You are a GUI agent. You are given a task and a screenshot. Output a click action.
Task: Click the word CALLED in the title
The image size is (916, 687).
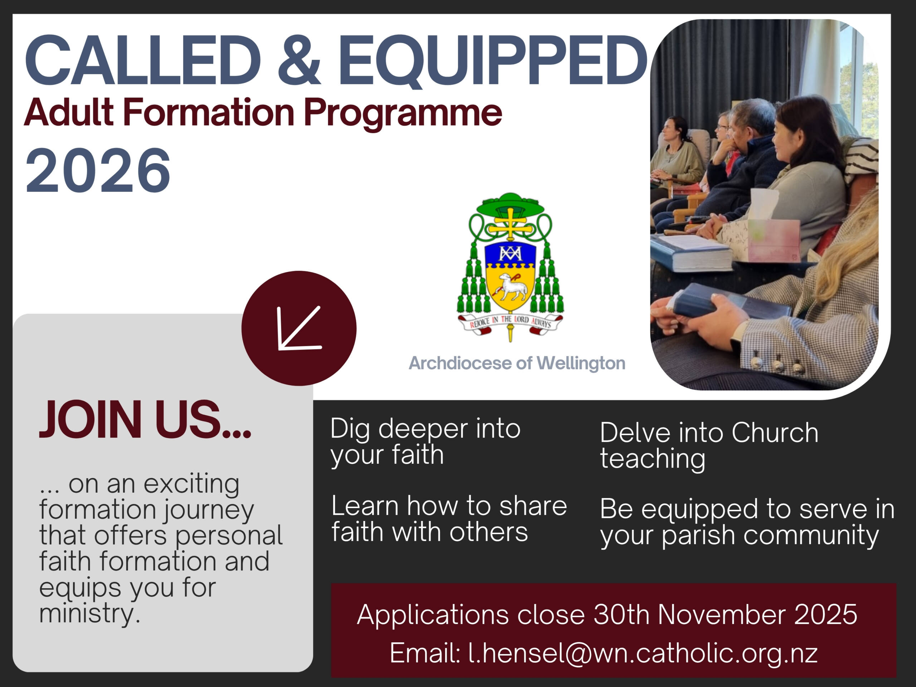(x=143, y=60)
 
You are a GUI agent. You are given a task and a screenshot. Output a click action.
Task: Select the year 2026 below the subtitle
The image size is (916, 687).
(x=98, y=171)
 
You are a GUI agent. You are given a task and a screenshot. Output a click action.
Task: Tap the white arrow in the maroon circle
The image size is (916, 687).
(x=299, y=328)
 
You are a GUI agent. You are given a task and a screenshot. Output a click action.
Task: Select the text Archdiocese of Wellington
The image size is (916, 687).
(x=517, y=363)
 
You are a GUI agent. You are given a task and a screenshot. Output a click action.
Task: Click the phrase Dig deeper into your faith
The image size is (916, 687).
(x=425, y=442)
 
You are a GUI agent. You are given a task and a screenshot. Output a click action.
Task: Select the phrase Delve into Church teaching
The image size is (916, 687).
(x=709, y=446)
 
